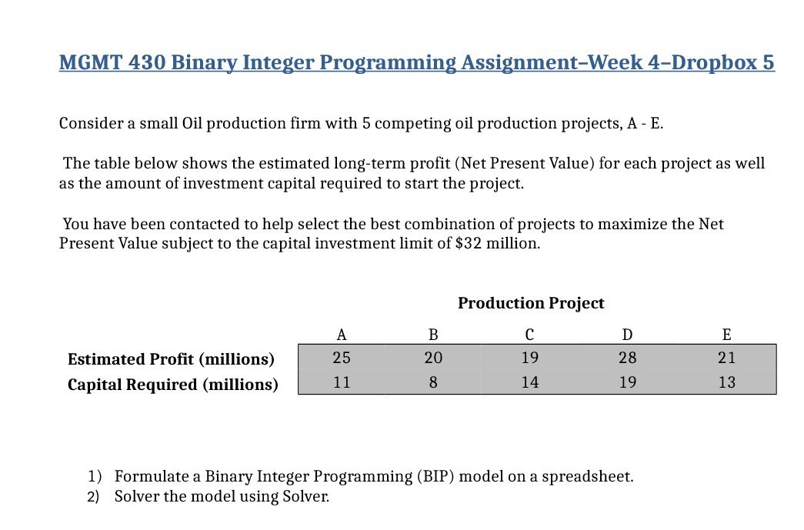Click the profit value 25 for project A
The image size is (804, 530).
point(342,358)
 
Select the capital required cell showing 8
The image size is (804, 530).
point(433,382)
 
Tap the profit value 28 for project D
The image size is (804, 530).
point(628,358)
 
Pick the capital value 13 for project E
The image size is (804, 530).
point(726,382)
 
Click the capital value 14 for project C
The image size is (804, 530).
point(529,382)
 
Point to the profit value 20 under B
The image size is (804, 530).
point(433,358)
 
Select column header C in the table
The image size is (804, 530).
point(529,335)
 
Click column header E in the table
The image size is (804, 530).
point(726,335)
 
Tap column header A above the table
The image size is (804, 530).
point(342,335)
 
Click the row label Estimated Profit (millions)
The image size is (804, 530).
point(171,359)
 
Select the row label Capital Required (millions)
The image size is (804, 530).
point(173,385)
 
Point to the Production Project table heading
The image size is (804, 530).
point(531,303)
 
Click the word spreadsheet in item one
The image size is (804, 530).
point(588,477)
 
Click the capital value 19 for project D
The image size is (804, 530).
point(628,382)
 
